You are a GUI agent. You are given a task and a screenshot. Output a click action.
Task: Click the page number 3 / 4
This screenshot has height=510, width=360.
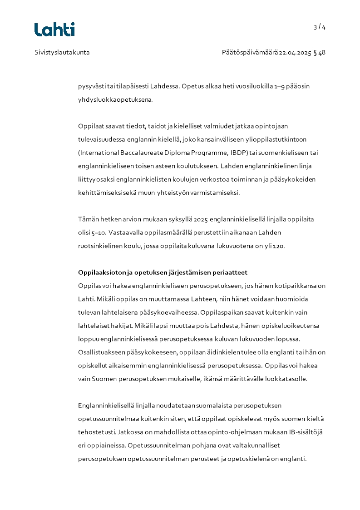pos(320,27)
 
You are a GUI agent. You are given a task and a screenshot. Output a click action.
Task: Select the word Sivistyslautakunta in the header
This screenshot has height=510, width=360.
pos(62,52)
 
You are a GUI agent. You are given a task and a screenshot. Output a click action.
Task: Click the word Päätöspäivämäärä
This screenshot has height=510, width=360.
pos(249,52)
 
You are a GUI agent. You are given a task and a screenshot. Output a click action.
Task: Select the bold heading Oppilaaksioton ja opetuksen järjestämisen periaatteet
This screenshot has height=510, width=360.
pos(163,272)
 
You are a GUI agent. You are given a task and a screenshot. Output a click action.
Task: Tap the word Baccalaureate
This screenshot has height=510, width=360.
pos(137,153)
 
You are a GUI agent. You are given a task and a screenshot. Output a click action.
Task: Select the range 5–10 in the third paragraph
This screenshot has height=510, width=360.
pos(86,233)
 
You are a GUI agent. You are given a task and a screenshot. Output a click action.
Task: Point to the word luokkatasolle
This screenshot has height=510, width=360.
pos(287,379)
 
